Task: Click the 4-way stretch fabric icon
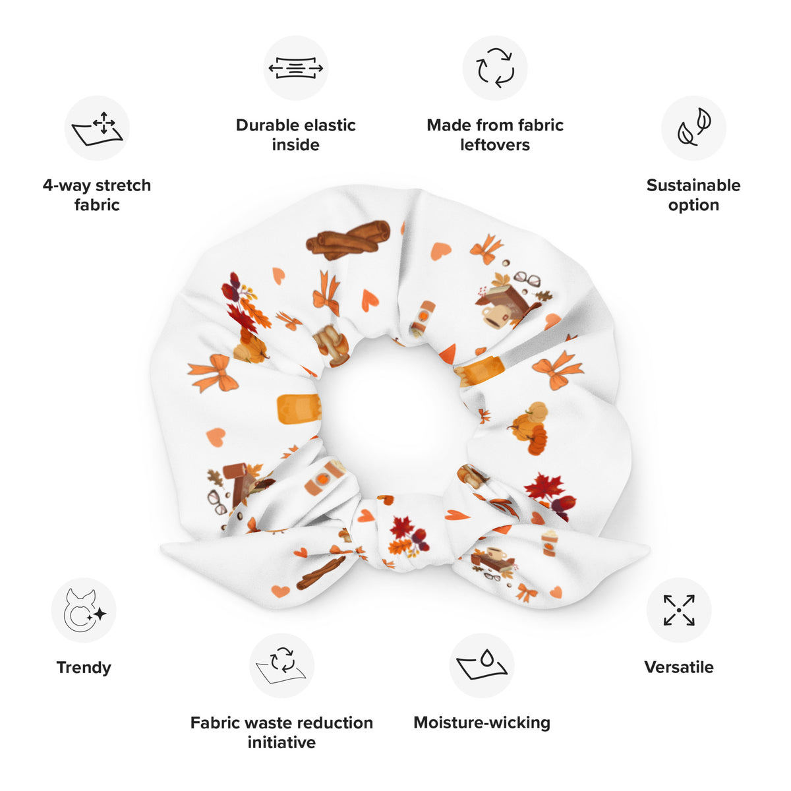pos(97,128)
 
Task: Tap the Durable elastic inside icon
pos(295,68)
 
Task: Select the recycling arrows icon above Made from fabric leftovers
pos(494,68)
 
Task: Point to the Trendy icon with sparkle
pos(84,610)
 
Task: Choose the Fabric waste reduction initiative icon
pos(282,665)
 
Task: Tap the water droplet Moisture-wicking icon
pos(481,665)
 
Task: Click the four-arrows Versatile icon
pos(679,610)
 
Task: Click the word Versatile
pos(679,667)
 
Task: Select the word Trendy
pos(84,668)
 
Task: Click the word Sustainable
pos(693,185)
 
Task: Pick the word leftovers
pos(495,145)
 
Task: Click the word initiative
pos(281,743)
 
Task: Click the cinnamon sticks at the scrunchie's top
pos(348,240)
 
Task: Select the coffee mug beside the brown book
pos(494,317)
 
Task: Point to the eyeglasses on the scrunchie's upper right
pos(527,279)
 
